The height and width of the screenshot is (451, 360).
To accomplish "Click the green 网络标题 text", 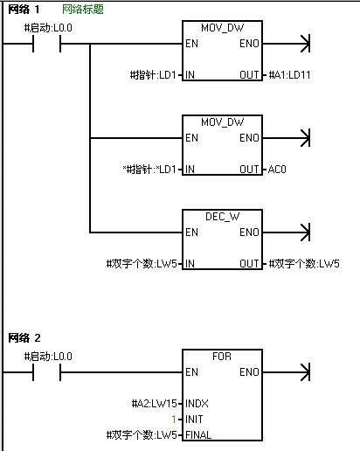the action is click(83, 10).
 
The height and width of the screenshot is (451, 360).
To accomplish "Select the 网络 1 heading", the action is click(24, 10).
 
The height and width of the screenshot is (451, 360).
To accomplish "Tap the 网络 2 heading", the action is click(24, 338).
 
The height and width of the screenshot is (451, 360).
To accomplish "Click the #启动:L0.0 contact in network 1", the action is click(46, 44).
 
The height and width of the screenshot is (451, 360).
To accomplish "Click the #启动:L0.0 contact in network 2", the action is click(46, 372).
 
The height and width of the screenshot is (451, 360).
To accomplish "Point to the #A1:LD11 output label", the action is click(289, 75).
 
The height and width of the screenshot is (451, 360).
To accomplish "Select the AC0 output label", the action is click(277, 170).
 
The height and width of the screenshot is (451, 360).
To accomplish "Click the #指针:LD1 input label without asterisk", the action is click(153, 75).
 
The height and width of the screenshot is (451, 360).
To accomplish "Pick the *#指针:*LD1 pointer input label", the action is click(149, 170).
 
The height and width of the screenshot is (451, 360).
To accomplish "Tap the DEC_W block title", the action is click(222, 217).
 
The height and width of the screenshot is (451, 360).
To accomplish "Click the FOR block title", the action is click(222, 357).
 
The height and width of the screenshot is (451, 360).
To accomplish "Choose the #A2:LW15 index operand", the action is click(155, 404).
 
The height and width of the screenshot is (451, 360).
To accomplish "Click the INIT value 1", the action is click(174, 420).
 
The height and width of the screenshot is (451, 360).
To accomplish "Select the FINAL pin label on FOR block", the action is click(198, 435).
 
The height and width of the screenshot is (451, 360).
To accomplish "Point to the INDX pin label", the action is click(197, 404).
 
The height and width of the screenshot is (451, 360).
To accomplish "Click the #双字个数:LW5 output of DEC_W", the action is click(304, 264).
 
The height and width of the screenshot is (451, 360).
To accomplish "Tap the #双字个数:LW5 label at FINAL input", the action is click(142, 435).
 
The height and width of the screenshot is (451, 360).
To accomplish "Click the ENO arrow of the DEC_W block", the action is click(287, 232).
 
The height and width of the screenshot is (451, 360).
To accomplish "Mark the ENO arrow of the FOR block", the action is click(287, 372).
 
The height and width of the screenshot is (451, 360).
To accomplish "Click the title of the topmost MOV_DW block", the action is click(222, 28).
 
